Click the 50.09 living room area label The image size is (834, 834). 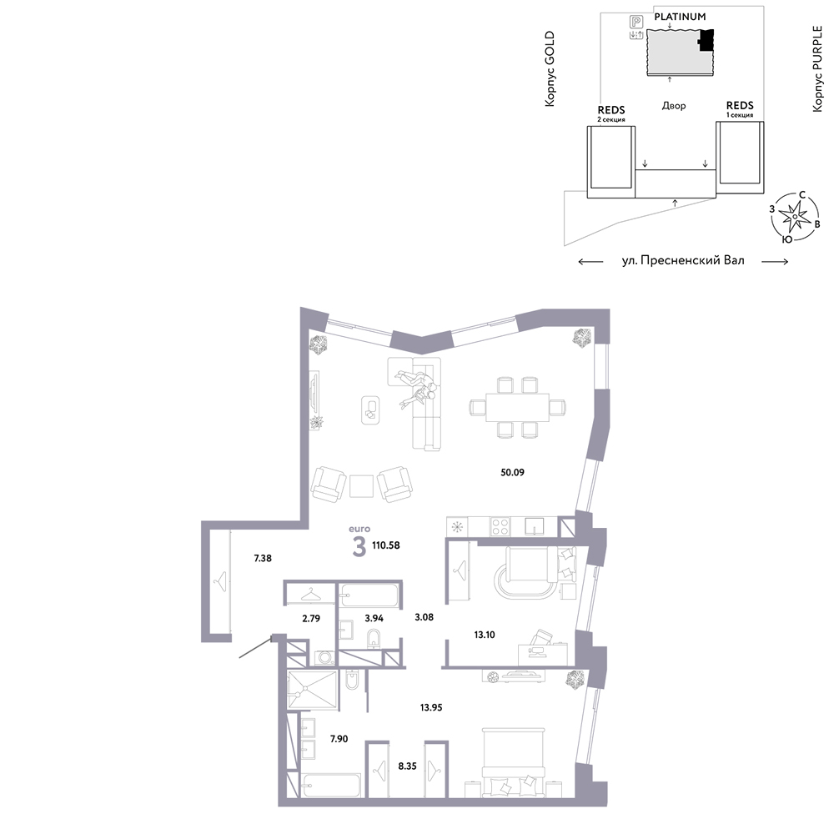pos(512,472)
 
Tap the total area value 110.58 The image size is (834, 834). pos(386,545)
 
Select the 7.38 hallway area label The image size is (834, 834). pos(263,559)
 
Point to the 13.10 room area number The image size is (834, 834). pos(485,635)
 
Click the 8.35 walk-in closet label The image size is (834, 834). pos(408,766)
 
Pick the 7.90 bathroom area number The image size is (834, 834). pos(339,739)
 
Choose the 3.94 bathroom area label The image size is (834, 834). pos(374,618)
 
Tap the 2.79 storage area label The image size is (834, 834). pos(311,618)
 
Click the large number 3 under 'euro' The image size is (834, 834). pos(359,547)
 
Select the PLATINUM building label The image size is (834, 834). pos(680,17)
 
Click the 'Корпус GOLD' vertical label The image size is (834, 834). pos(550,68)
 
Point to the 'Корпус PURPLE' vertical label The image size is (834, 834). pos(817,69)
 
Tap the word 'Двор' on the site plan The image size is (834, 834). pos(674,106)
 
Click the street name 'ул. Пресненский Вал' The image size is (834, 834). pos(683,260)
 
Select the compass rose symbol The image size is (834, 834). pos(794,217)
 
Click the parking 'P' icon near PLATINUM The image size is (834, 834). pos(636,22)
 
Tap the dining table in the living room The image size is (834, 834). pos(518,408)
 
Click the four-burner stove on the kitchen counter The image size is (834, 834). pos(500,526)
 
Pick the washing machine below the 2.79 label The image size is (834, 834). pos(325,658)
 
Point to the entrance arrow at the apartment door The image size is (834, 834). pos(256,648)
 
